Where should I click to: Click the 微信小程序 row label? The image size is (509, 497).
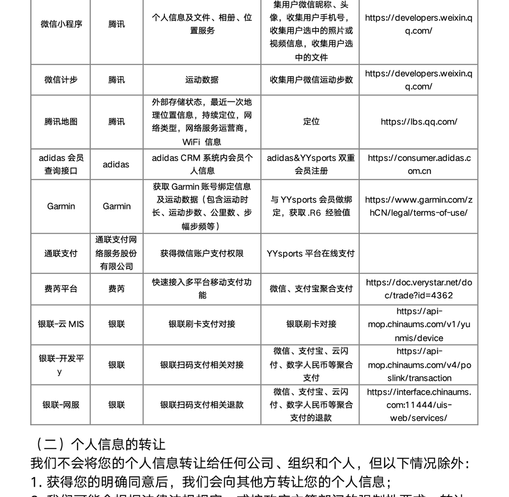coord(61,24)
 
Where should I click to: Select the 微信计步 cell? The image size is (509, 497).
coord(61,80)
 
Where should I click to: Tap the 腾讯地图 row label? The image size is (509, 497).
coord(61,122)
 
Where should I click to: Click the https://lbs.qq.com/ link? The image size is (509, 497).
coord(419,122)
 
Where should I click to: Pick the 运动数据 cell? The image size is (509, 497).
coord(202,80)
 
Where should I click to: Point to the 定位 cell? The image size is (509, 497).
coord(311,122)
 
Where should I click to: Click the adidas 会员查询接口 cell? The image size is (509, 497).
coord(61,164)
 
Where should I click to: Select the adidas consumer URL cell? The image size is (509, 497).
coord(419,164)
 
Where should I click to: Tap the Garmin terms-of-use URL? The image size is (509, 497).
coord(419,206)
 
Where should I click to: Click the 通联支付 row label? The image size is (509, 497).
coord(61,254)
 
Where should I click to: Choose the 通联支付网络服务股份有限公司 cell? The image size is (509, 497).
coord(116,253)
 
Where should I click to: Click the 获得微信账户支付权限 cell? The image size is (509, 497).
coord(202,254)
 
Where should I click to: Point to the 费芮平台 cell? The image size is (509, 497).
coord(61,289)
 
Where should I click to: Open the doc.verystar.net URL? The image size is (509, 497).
coord(419,289)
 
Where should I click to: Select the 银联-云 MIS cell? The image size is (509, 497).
coord(61,324)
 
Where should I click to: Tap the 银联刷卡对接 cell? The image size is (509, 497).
coord(311,324)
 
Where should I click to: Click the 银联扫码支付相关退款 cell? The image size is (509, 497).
coord(202,405)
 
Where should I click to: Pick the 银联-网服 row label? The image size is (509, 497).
coord(61,405)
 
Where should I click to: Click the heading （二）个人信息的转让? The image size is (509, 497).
coord(99,444)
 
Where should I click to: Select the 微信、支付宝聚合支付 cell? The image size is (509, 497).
coord(311,289)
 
